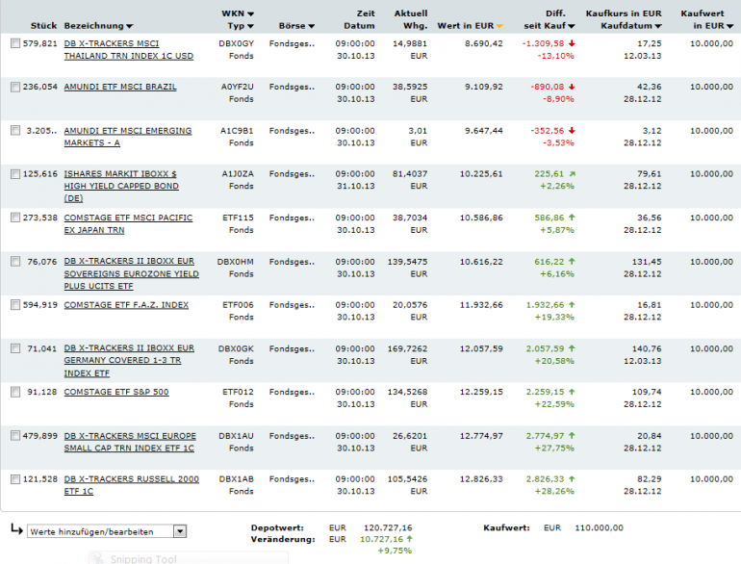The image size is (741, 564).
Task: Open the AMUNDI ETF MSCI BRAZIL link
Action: [x=120, y=87]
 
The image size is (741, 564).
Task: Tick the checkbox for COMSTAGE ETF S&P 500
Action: [x=15, y=393]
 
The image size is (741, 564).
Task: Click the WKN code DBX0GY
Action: [x=236, y=43]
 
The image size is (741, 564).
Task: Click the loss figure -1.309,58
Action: [x=542, y=43]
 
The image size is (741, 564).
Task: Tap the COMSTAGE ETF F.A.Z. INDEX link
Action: [x=126, y=305]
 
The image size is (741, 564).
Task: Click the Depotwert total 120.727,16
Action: [x=386, y=527]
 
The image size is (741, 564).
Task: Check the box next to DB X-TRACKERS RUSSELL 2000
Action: [x=15, y=479]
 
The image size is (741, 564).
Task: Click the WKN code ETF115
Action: [x=238, y=218]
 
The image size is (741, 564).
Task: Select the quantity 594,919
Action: [x=40, y=305]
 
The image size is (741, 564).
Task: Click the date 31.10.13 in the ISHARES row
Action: [x=356, y=187]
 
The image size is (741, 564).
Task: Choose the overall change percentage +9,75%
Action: [x=395, y=551]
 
